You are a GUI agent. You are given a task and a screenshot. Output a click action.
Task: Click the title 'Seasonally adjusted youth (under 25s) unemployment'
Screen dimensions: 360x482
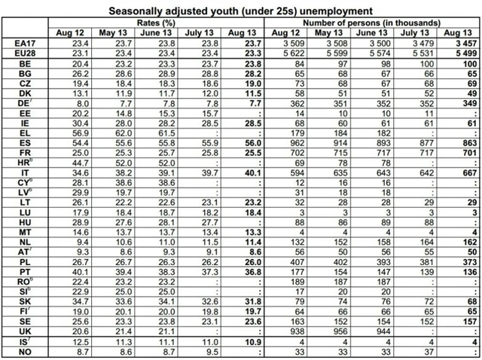240,11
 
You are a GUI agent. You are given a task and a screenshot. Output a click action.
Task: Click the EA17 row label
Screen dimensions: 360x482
25,45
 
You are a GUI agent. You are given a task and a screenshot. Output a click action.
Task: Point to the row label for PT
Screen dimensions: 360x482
25,270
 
